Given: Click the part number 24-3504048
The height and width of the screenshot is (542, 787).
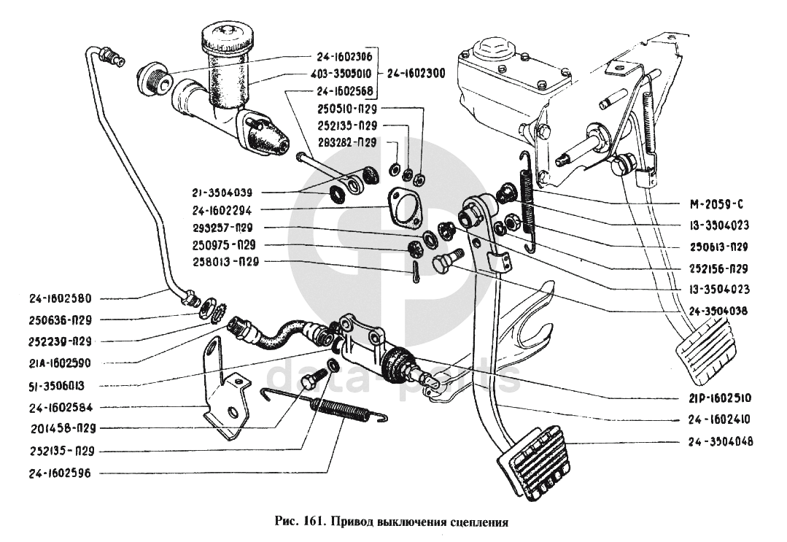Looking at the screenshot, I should click(x=721, y=441).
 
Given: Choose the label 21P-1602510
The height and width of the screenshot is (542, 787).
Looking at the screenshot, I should click(x=721, y=398).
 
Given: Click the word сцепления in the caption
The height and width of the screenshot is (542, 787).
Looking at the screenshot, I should click(x=478, y=522).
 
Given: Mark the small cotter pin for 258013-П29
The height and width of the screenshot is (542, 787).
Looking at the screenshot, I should click(x=414, y=274).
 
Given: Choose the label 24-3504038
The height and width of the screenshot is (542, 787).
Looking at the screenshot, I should click(x=721, y=309).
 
